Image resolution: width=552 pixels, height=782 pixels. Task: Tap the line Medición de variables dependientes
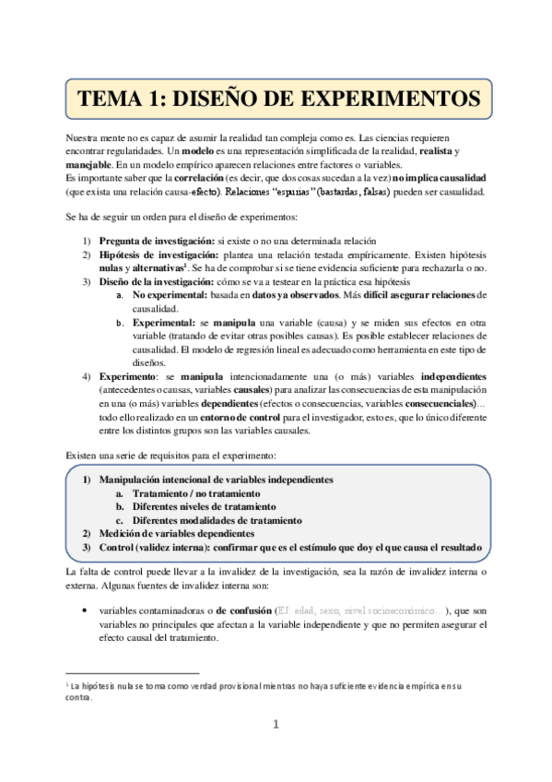pos(176,533)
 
